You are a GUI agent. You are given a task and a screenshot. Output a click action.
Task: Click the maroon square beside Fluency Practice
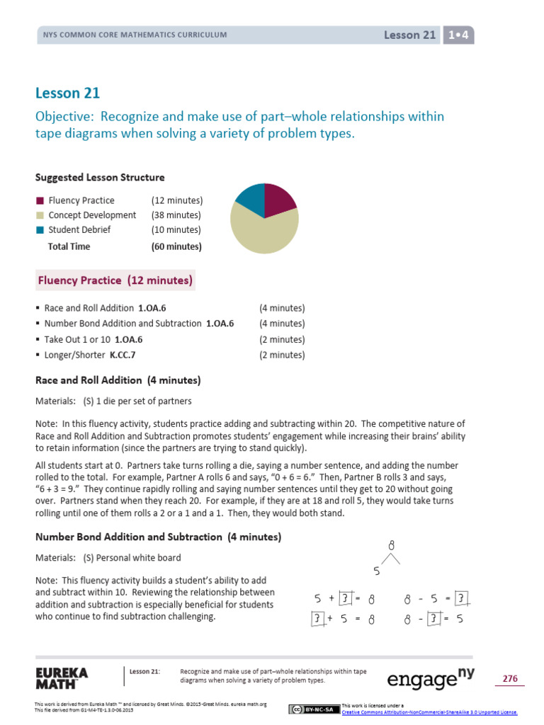40,200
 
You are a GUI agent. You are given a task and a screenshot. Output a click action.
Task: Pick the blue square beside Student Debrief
40,230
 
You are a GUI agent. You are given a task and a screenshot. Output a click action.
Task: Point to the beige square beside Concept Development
40,215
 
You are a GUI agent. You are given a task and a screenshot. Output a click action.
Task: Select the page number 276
510,679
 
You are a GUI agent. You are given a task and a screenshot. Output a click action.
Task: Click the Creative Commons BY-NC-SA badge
314,709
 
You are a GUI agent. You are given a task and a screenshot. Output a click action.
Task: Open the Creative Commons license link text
429,712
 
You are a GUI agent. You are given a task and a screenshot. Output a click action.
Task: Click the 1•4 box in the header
458,35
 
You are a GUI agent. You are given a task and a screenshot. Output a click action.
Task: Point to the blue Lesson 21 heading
67,93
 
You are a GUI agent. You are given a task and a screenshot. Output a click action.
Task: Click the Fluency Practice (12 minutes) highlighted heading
115,280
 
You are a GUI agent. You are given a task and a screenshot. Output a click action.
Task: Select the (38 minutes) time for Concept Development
176,215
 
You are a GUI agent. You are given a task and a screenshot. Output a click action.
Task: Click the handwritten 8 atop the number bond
390,546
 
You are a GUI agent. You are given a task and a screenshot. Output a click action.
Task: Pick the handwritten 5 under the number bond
377,571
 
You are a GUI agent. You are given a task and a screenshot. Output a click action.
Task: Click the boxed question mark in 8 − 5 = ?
461,599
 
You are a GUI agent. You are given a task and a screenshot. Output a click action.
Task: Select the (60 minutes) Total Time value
176,246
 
